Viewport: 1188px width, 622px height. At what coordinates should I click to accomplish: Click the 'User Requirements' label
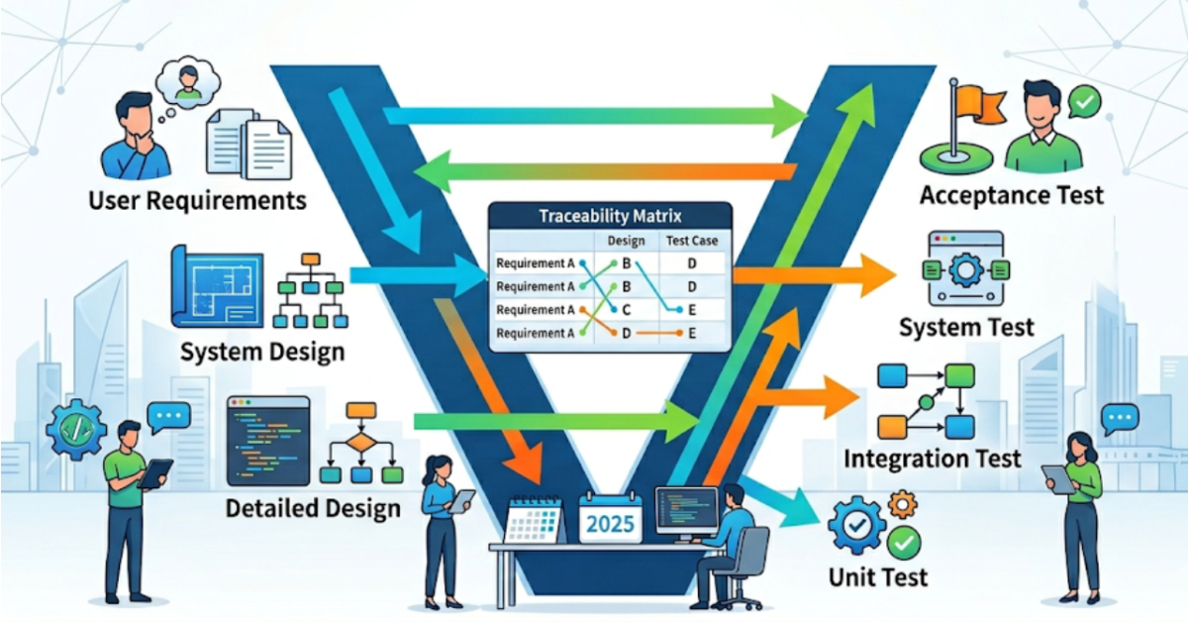point(197,200)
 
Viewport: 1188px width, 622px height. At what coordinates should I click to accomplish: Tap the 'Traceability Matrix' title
point(610,215)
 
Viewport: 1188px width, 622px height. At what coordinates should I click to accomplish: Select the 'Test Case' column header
point(692,241)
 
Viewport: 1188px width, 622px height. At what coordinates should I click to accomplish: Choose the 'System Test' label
point(965,327)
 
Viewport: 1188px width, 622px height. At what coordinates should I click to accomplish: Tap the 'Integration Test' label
point(932,459)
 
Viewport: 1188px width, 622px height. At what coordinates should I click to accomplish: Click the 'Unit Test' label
point(878,575)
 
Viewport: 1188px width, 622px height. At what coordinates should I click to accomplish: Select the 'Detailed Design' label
point(313,509)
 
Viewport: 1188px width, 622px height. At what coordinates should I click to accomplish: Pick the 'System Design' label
point(262,352)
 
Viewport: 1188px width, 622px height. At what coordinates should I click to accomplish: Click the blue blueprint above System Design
point(218,285)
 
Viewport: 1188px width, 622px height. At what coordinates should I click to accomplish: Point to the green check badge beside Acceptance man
point(1085,101)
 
